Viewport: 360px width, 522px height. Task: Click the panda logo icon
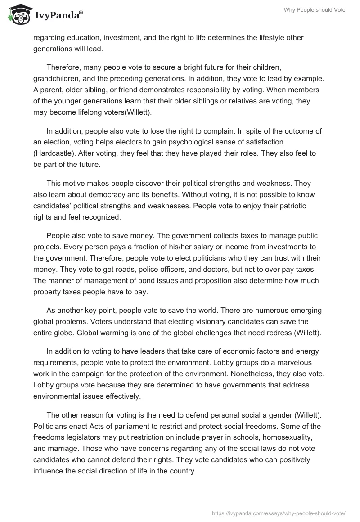[18, 14]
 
